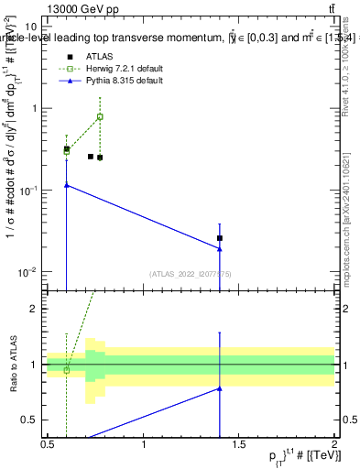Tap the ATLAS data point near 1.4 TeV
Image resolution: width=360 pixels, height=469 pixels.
(x=220, y=238)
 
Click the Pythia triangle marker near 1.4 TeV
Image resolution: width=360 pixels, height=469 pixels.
(x=220, y=248)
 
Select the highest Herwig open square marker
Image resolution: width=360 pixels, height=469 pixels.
(x=100, y=116)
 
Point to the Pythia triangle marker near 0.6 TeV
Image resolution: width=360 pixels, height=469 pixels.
(x=67, y=185)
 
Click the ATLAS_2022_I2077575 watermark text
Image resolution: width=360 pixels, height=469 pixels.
(x=191, y=273)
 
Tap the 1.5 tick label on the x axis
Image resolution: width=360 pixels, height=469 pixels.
(x=239, y=443)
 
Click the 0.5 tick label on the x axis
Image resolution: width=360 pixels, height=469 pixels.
(x=48, y=443)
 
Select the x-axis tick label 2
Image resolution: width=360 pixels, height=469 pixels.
(x=334, y=443)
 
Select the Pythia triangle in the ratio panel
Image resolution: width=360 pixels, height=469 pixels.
(x=220, y=388)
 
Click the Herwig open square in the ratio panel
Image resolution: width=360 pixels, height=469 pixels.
(x=67, y=370)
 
